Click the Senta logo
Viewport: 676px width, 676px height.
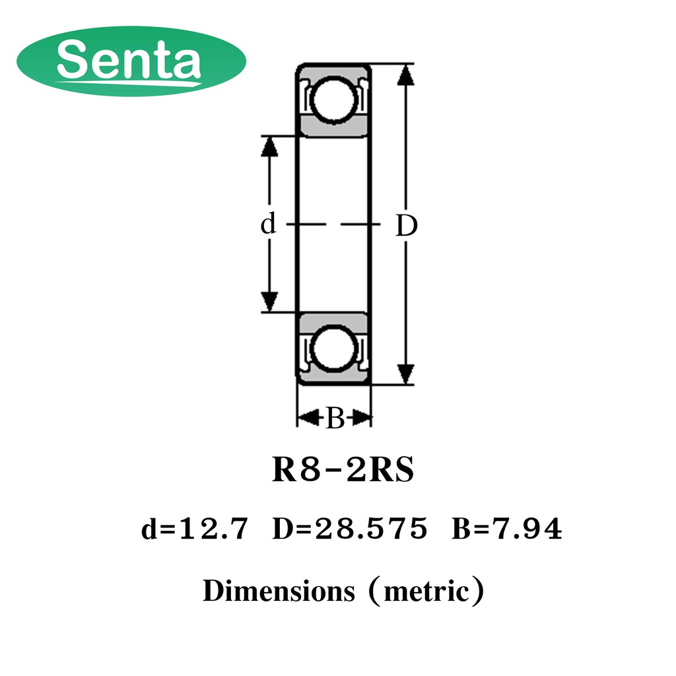131,61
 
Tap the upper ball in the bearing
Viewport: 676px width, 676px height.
333,100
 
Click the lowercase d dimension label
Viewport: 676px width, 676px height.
268,223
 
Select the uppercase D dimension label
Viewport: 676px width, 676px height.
407,226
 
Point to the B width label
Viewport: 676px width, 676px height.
335,418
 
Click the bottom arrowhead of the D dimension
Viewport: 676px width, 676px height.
406,374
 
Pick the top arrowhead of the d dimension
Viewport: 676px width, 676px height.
269,146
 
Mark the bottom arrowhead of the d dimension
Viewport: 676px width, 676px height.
269,301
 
